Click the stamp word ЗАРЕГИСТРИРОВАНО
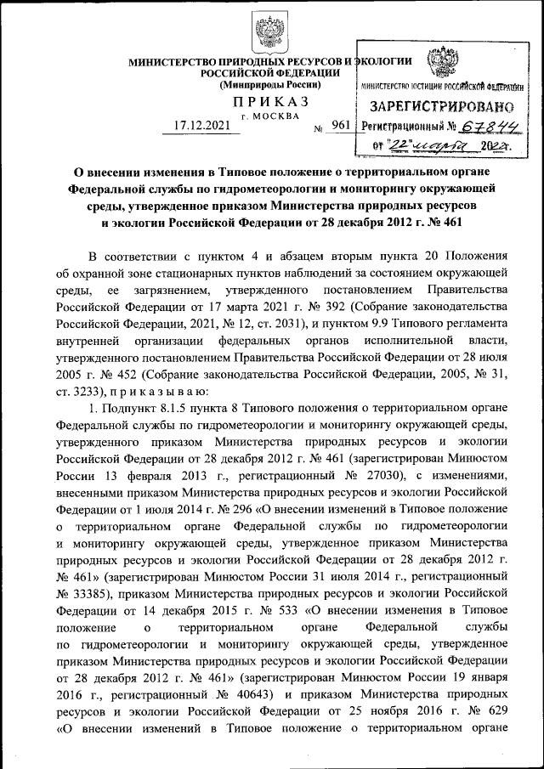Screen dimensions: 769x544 coord(441,108)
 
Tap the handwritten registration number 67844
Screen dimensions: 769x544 coord(488,126)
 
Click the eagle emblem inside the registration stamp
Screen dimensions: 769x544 coord(440,65)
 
